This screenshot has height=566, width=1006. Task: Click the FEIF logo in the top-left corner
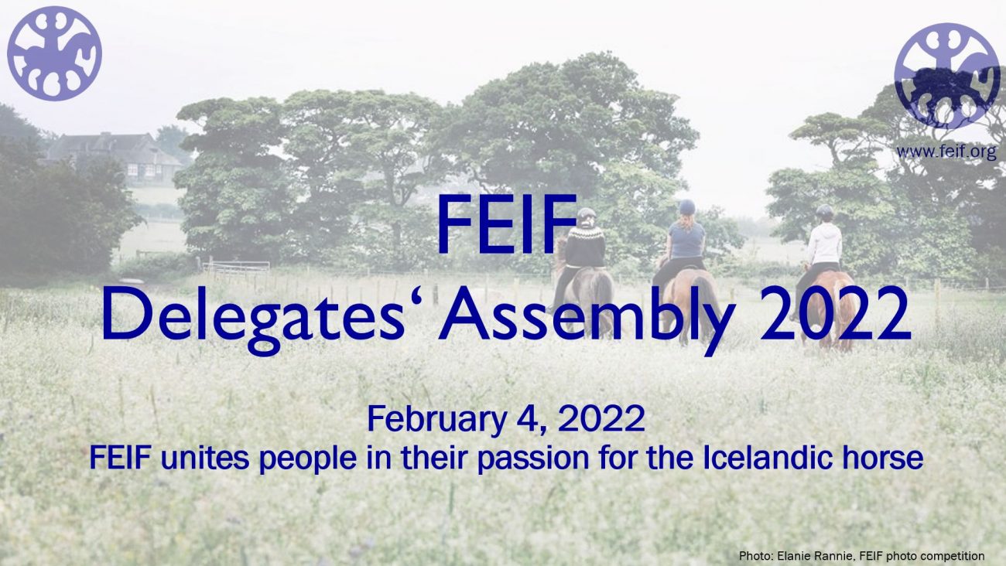(54, 53)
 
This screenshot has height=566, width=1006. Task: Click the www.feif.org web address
(946, 152)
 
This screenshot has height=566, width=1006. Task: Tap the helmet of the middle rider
(686, 207)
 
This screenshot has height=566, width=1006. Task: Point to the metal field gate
(236, 268)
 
